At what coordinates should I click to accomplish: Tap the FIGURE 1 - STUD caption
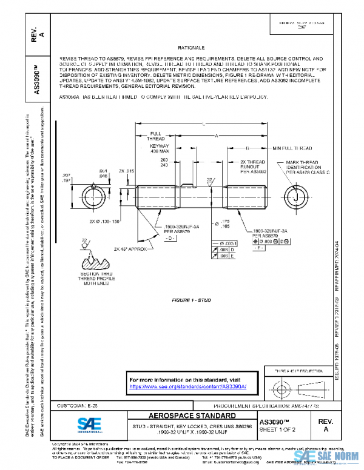coord(192,300)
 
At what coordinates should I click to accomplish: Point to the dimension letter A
coord(217,136)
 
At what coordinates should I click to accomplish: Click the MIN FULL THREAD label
coord(292,148)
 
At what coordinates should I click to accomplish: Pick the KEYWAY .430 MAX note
coord(158,149)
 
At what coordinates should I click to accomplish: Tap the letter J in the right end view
coord(295,197)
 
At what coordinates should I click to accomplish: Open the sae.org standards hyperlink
coord(184,385)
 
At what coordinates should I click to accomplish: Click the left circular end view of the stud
coord(92,197)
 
